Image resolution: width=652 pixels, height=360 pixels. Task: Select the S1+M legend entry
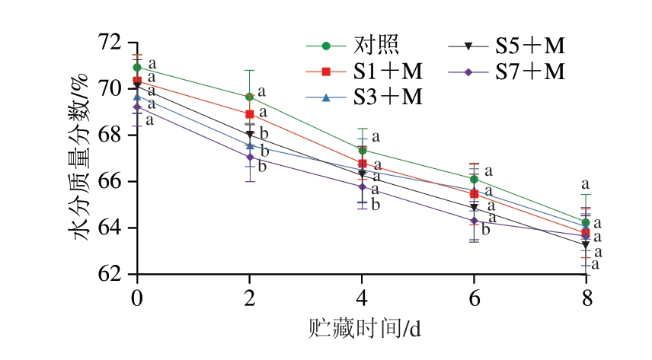point(388,71)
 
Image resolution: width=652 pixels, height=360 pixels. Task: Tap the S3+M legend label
point(388,97)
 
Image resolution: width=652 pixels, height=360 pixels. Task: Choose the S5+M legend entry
point(530,46)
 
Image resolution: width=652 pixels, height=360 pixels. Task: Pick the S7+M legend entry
point(530,71)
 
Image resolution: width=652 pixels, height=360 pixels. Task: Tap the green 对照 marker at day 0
point(137,67)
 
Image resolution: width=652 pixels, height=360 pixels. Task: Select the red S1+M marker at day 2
point(249,114)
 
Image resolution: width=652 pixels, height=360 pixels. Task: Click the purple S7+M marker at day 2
point(249,157)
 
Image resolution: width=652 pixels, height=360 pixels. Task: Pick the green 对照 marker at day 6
point(474,180)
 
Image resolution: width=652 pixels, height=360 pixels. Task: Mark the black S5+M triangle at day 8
point(585,245)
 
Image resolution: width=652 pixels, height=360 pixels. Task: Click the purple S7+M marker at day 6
point(474,221)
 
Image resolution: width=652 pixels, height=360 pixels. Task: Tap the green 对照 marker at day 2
point(249,97)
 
